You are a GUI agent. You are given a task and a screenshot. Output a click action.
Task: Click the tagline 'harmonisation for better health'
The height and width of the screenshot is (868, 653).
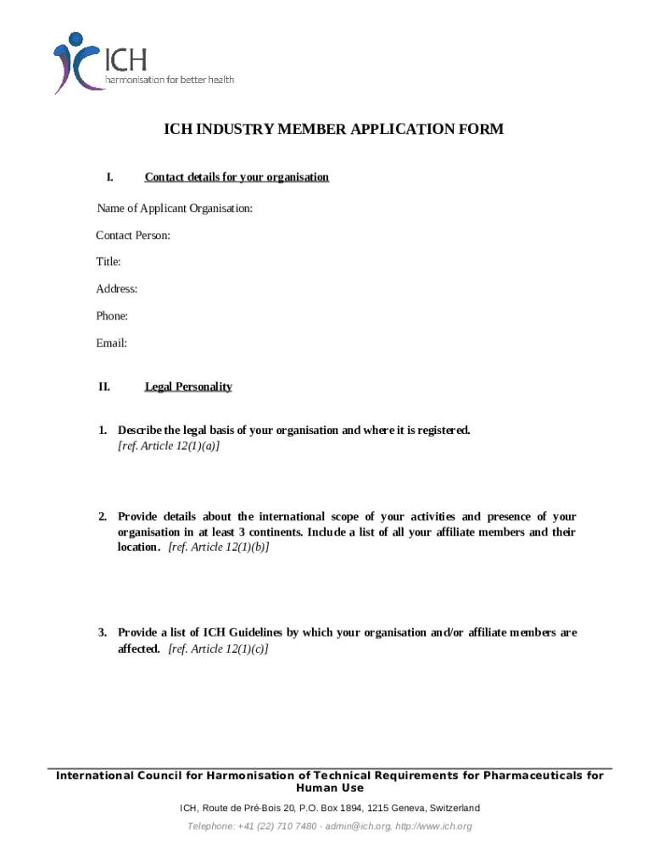(x=169, y=80)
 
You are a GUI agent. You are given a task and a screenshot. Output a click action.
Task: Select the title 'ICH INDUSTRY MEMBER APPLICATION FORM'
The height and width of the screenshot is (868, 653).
(x=333, y=130)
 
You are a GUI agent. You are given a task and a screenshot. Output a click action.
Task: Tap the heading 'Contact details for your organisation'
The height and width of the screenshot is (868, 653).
(x=237, y=177)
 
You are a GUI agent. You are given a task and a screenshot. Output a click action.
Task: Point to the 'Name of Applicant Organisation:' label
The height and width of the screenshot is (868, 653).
(x=175, y=209)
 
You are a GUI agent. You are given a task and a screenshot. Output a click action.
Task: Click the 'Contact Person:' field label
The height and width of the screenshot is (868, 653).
(x=133, y=235)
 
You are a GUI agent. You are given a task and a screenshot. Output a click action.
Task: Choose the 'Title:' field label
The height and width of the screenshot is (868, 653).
(x=109, y=262)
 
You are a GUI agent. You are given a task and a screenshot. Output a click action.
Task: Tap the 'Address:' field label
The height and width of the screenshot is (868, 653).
(x=117, y=289)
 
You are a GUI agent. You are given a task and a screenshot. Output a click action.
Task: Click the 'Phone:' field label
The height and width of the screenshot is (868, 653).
(x=112, y=316)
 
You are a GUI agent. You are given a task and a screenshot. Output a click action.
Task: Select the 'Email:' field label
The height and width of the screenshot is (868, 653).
(x=111, y=343)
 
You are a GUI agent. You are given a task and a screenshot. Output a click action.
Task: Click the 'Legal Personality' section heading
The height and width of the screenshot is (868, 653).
(x=188, y=387)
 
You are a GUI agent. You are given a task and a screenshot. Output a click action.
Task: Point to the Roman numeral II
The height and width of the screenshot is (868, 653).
(x=103, y=387)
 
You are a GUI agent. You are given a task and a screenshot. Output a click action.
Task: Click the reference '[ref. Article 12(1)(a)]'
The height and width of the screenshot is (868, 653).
(x=169, y=446)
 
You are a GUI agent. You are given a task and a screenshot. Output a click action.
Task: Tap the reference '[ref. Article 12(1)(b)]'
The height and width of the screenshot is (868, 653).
(x=219, y=548)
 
